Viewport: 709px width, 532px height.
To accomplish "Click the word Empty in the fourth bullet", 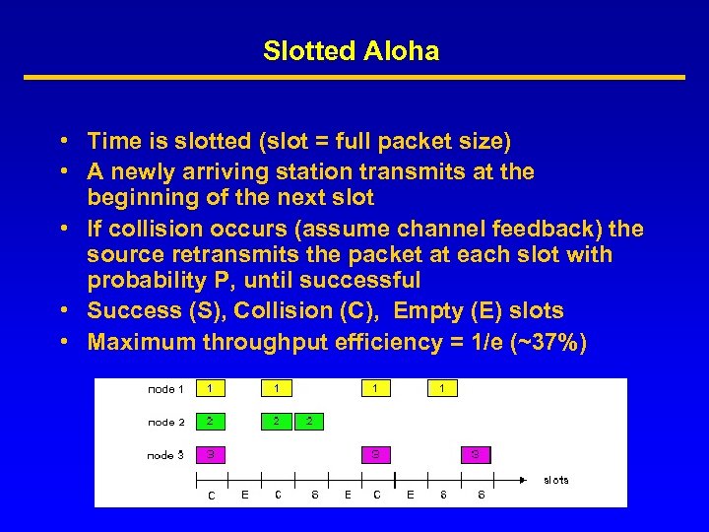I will [433, 311].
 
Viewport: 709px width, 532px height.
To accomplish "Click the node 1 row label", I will [166, 389].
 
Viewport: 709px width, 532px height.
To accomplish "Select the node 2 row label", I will [166, 422].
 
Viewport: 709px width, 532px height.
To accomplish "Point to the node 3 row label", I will [166, 455].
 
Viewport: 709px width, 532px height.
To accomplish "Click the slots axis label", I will [556, 480].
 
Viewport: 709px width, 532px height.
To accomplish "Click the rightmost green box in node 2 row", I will [309, 422].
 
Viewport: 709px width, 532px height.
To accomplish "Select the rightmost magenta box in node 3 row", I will [476, 455].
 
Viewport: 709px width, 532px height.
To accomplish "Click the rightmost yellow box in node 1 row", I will [442, 389].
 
